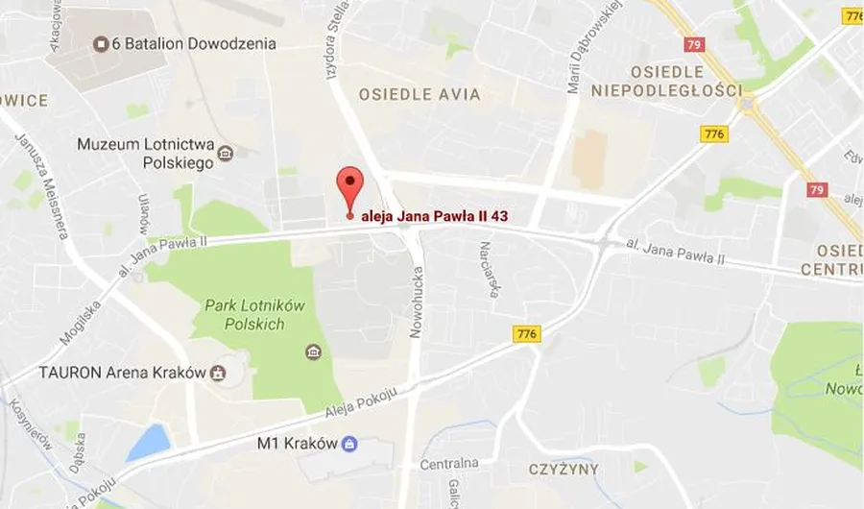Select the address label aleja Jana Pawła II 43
point(433,216)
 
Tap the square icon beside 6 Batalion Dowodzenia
point(100,43)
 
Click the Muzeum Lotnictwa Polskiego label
point(145,154)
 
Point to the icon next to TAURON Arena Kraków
point(219,373)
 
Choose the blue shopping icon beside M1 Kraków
point(349,444)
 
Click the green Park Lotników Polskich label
point(254,315)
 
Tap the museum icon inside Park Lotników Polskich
point(313,352)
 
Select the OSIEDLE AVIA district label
point(420,95)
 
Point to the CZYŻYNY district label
point(563,470)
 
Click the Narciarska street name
point(489,269)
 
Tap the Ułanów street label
point(143,209)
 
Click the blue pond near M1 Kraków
point(149,444)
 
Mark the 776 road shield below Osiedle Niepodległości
point(714,134)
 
